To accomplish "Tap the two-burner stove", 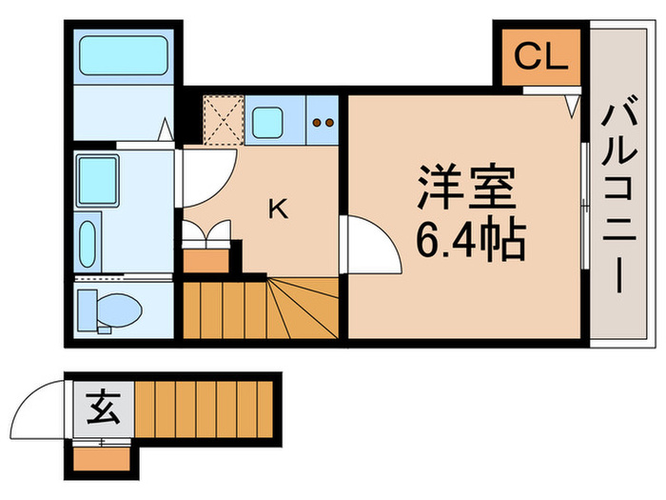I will (322, 121).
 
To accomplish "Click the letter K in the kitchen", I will (278, 209).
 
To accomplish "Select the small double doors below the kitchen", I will (206, 231).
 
